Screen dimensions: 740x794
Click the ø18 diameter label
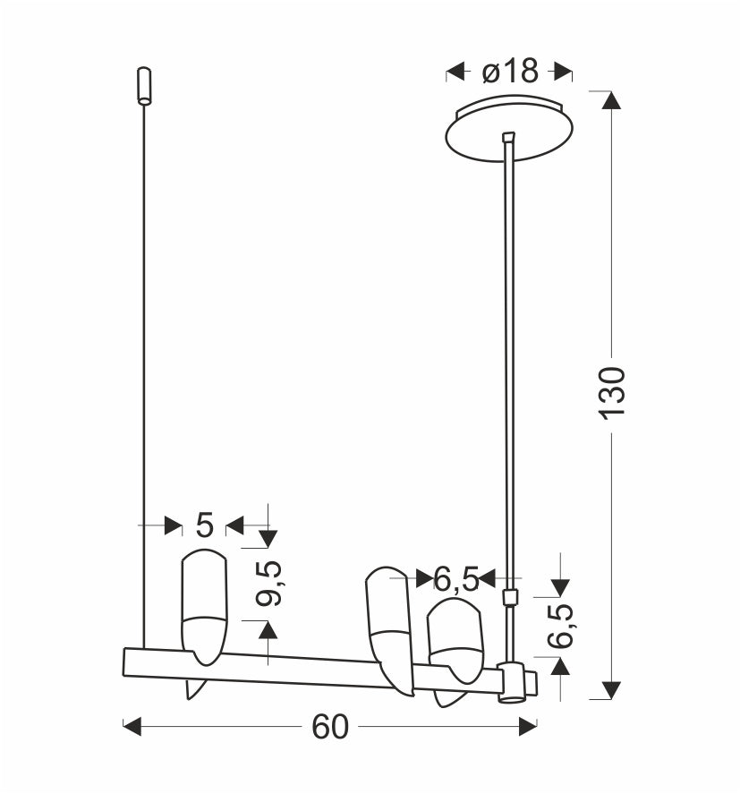[x=510, y=72]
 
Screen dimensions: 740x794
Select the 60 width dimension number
[x=330, y=727]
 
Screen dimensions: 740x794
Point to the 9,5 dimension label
[x=268, y=584]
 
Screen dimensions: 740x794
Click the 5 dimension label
[x=205, y=525]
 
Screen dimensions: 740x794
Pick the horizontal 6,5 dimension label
[x=456, y=579]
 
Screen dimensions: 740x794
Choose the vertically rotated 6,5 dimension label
[x=560, y=626]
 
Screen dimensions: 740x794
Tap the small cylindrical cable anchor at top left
[x=145, y=86]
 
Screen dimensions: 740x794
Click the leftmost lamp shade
[x=204, y=607]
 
